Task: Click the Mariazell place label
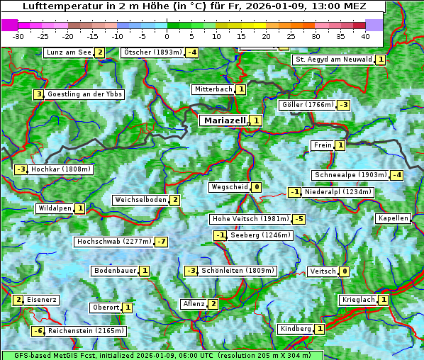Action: tap(224, 120)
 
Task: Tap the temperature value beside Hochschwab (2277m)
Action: tap(162, 242)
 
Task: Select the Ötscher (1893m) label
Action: tap(152, 52)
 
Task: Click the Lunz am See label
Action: tap(69, 52)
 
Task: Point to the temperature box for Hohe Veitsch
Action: tap(299, 219)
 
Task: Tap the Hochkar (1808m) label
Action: tap(62, 169)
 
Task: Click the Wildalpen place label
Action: tap(55, 208)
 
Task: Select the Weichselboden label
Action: tap(140, 200)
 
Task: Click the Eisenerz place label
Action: tap(42, 300)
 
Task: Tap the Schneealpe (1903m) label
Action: tap(350, 175)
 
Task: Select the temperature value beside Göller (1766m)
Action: tap(343, 105)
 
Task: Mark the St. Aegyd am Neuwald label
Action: tap(333, 60)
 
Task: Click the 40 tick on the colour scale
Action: tap(365, 35)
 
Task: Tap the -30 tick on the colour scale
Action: tap(18, 35)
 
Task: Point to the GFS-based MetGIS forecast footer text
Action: tap(162, 355)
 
